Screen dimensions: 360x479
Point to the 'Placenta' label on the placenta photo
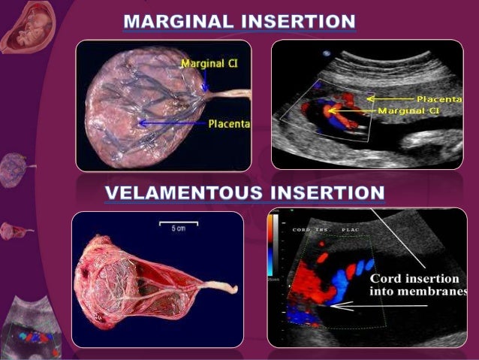point(229,123)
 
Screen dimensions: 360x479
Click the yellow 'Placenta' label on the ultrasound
point(439,98)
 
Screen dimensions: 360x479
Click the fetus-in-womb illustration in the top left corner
point(20,26)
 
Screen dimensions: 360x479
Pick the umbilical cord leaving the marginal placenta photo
point(236,95)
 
